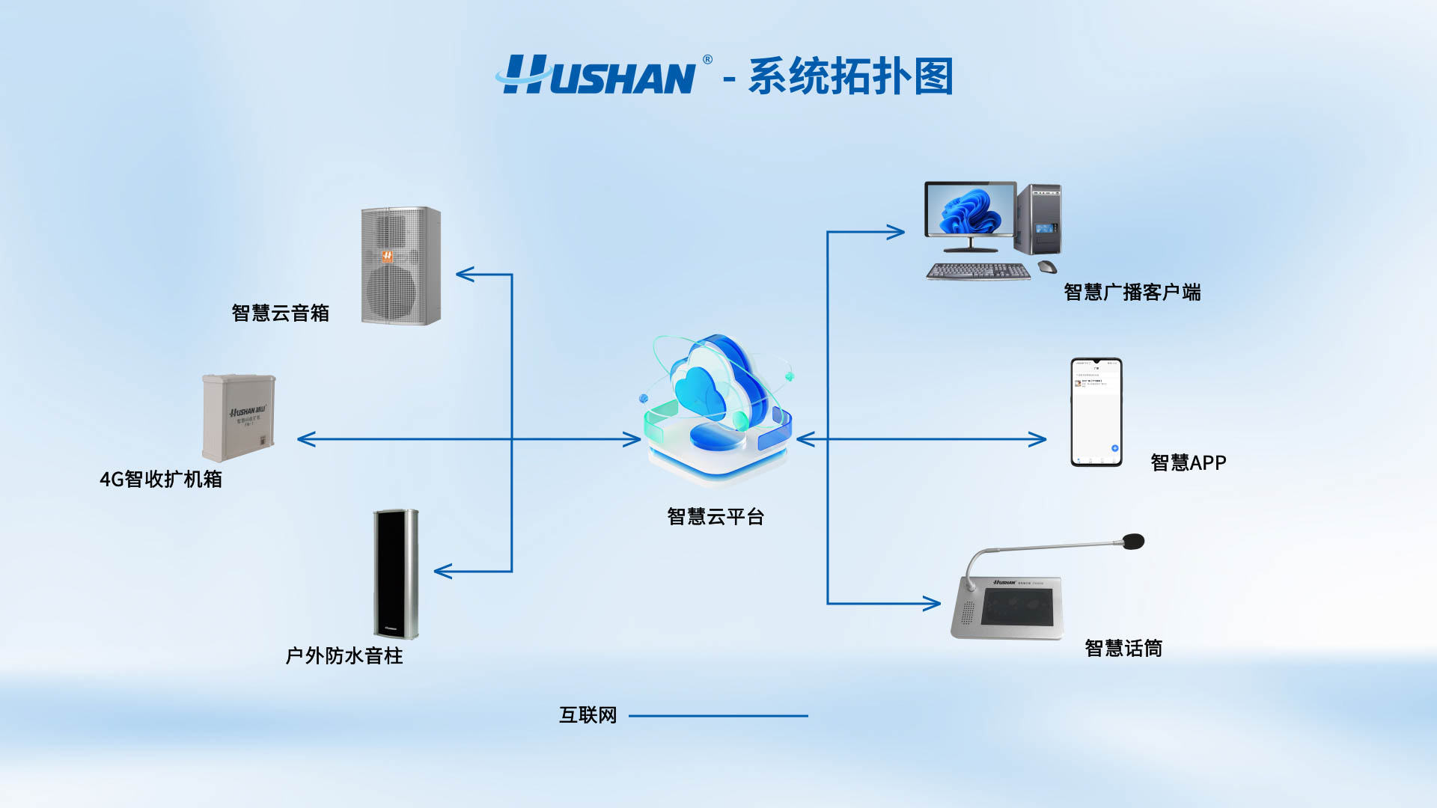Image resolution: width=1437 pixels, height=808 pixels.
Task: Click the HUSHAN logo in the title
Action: coord(599,76)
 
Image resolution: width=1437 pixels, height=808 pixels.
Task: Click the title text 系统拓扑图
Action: coord(850,76)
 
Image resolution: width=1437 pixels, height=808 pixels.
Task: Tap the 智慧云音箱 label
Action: coord(281,313)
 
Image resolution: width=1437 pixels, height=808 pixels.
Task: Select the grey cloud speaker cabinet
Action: coord(401,266)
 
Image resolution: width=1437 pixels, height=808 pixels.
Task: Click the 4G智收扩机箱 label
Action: coord(161,479)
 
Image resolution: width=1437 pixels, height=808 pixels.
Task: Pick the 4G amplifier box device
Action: coord(239,417)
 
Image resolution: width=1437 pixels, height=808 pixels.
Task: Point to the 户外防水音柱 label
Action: coord(344,656)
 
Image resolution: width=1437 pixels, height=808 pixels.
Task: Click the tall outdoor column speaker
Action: coord(396,574)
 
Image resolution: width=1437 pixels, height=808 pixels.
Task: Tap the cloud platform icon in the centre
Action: coord(717,408)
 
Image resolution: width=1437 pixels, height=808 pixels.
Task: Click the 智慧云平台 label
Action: coord(716,516)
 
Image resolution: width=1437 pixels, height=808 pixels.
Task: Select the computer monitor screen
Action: coord(970,210)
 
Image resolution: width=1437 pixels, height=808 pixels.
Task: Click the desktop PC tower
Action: coord(1039,220)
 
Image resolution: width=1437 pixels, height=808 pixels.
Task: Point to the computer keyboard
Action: coord(977,272)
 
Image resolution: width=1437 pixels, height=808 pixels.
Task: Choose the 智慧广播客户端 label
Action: coord(1132,293)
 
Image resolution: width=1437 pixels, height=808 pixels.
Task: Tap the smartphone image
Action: coord(1096,412)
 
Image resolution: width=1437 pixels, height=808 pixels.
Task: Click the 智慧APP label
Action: coord(1189,463)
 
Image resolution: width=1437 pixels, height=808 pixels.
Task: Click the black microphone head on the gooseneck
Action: coord(1134,541)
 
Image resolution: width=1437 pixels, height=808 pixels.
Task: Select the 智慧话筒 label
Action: coord(1123,648)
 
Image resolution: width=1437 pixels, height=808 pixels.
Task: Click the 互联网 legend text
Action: coord(588,715)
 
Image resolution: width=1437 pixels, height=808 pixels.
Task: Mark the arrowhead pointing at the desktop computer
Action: coord(897,232)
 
